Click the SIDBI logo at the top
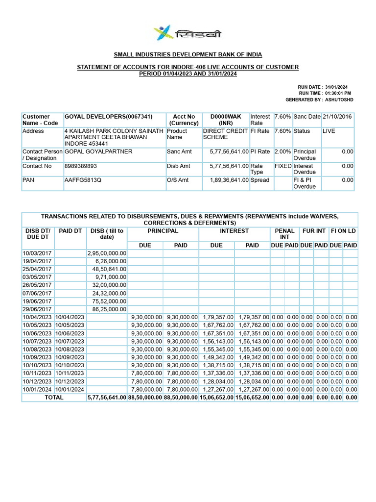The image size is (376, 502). [188, 33]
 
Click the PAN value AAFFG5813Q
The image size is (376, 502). [81, 180]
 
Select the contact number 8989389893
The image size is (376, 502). [81, 166]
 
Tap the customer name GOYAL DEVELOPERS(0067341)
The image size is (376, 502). [108, 117]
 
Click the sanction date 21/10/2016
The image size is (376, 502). [337, 117]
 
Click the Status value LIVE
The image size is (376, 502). [329, 131]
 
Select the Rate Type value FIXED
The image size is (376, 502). [282, 166]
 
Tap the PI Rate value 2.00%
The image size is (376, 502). [282, 152]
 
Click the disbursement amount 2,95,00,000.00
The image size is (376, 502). [107, 253]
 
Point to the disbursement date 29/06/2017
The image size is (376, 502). [37, 309]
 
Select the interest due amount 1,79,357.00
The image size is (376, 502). [217, 317]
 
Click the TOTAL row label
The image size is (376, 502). [54, 398]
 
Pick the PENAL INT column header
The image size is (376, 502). [284, 234]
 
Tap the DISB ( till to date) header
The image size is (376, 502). [107, 234]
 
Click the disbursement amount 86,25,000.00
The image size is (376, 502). [109, 309]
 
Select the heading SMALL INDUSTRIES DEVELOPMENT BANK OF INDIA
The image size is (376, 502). [188, 54]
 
